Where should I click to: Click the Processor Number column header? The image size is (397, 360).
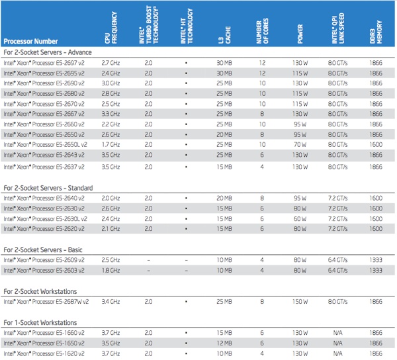coord(30,41)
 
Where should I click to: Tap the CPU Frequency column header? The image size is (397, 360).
coord(111,28)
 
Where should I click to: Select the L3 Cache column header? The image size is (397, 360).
coord(224,35)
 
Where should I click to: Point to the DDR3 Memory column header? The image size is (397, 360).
coord(376,32)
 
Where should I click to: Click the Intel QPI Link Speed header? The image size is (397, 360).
coord(338,28)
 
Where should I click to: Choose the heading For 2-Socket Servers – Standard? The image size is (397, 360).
coord(48,188)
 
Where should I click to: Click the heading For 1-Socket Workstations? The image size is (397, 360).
coord(40,323)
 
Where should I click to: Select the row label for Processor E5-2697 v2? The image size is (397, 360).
coord(44,63)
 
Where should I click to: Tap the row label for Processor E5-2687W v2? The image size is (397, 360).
coord(46,302)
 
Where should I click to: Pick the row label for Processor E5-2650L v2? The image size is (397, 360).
coord(45,145)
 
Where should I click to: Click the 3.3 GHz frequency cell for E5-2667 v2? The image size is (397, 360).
coord(110,114)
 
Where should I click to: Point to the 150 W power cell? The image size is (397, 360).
coord(300,302)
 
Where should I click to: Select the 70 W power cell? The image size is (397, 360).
coord(300,145)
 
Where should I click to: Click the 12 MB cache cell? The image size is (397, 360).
coord(224,343)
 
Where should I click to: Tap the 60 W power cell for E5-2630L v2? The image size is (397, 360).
coord(300,219)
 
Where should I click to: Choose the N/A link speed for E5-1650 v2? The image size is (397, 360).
coord(337,343)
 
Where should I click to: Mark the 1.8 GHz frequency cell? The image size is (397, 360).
coord(110,271)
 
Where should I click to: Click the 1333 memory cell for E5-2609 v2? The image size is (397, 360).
coord(376,260)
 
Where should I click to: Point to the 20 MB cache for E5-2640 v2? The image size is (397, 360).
coord(224,199)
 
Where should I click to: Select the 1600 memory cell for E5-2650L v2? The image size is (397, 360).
coord(376,145)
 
